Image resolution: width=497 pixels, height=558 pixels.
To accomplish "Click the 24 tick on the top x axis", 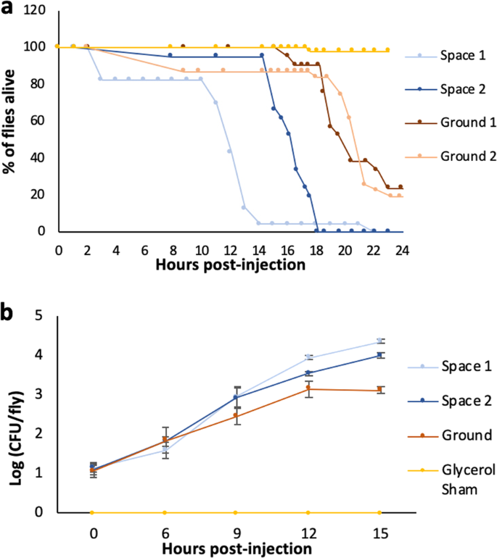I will coord(401,246).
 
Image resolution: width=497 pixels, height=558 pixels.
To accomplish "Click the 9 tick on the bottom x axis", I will coord(236,533).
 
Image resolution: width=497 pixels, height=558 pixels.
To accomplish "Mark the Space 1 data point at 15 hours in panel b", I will coord(379,341).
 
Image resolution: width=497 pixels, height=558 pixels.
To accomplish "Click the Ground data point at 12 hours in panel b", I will coord(308,388).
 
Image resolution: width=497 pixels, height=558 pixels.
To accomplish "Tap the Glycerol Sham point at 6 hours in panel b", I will coord(164,512).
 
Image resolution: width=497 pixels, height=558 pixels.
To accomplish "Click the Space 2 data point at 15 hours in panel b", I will coord(379,355).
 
